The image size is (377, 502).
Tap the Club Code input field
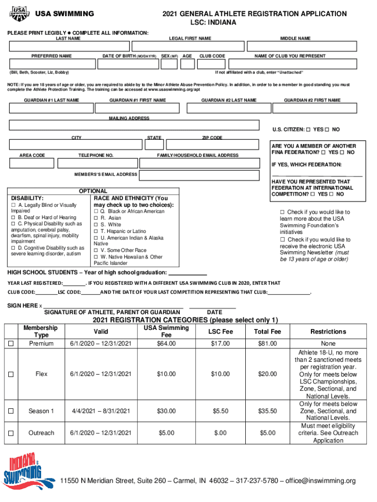tap(212, 64)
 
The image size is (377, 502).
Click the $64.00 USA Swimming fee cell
tap(166, 344)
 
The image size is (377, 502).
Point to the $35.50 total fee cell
tap(267, 411)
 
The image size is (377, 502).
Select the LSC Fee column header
tap(221, 331)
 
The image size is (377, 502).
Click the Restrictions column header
tap(328, 331)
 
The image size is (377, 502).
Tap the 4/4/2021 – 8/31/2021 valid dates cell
tap(101, 411)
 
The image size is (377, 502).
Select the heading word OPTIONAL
tap(93, 191)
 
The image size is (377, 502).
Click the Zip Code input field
tap(212, 145)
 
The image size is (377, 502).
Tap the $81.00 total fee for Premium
tap(267, 344)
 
